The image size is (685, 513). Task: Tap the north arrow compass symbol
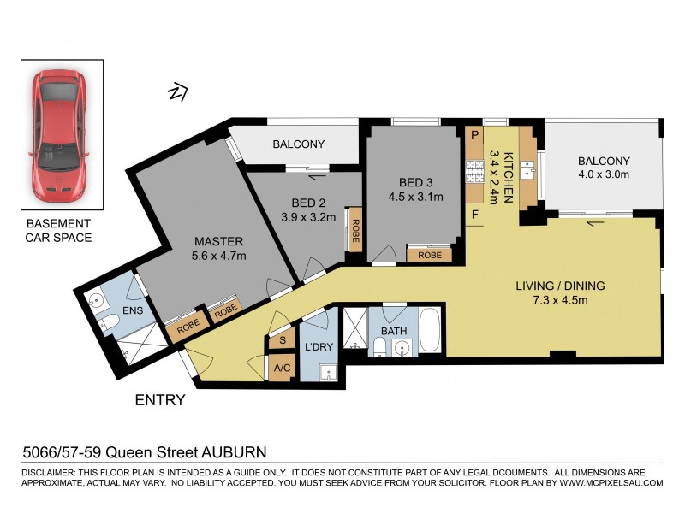(x=178, y=90)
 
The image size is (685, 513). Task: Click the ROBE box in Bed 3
(x=430, y=254)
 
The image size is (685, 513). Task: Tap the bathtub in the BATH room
(x=430, y=330)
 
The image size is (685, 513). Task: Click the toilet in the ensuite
(x=108, y=323)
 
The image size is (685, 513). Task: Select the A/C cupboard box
(x=282, y=369)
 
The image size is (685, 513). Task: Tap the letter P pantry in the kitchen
(x=474, y=135)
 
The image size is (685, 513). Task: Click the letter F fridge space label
(x=474, y=215)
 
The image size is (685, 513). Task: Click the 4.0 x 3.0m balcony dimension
(x=604, y=174)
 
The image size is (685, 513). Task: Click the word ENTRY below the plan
(x=159, y=399)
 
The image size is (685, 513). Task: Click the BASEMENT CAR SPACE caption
(x=59, y=231)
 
